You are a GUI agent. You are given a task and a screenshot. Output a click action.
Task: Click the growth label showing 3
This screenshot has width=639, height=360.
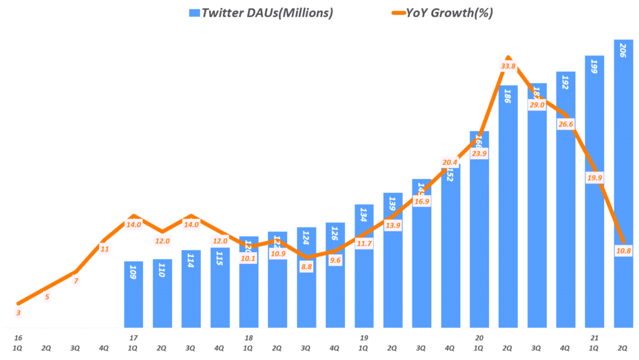point(18,313)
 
